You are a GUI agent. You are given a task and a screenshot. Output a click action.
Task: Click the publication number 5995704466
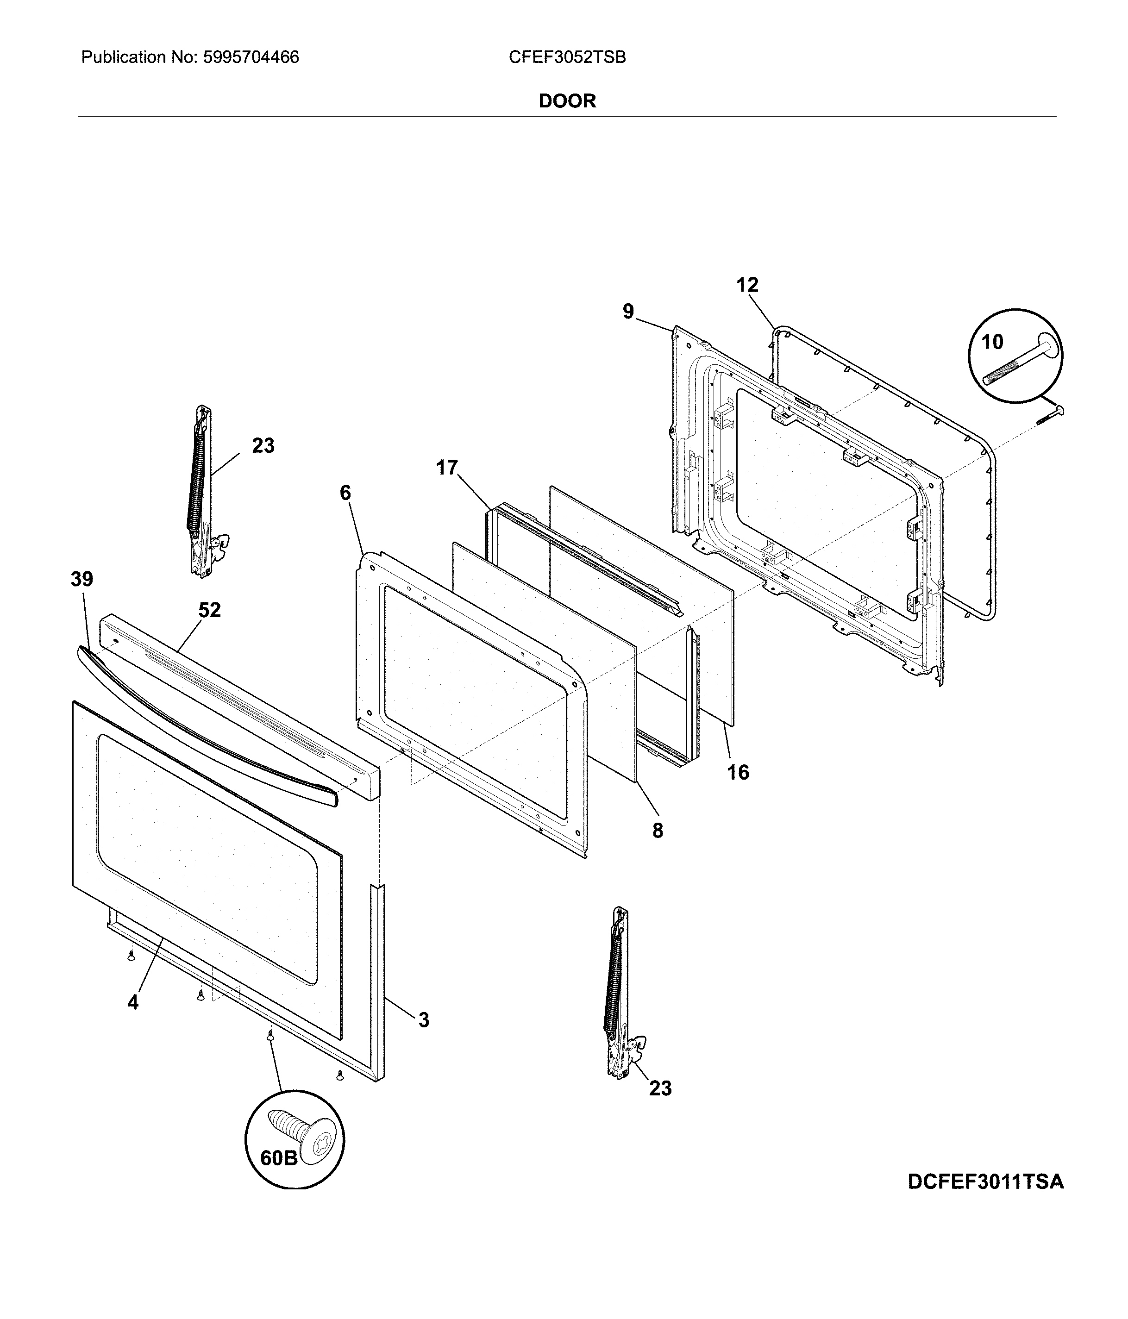pos(251,58)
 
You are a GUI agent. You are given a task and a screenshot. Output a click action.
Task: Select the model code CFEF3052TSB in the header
pos(567,58)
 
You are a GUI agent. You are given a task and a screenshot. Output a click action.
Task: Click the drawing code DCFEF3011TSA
pos(985,1181)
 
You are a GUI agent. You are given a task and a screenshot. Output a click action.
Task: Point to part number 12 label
pos(747,285)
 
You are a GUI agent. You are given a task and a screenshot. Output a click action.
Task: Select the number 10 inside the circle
pos(992,343)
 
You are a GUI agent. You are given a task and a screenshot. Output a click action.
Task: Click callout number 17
pos(447,468)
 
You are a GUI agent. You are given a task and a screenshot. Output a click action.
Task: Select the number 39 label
pos(81,579)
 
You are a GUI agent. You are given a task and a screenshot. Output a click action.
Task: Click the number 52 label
pos(209,610)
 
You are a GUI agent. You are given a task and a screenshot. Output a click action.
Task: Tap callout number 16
pos(738,772)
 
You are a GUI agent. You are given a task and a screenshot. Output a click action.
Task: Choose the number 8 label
pos(658,830)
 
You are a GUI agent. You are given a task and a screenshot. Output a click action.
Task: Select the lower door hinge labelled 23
pos(616,994)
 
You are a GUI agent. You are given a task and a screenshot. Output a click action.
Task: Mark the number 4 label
pos(132,1003)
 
